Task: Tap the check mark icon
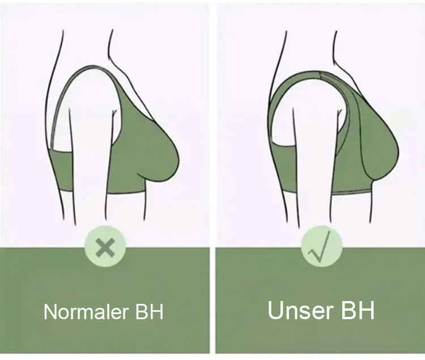[321, 247]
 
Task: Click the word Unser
[297, 310]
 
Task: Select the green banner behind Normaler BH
[105, 334]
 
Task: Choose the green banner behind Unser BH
[320, 337]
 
